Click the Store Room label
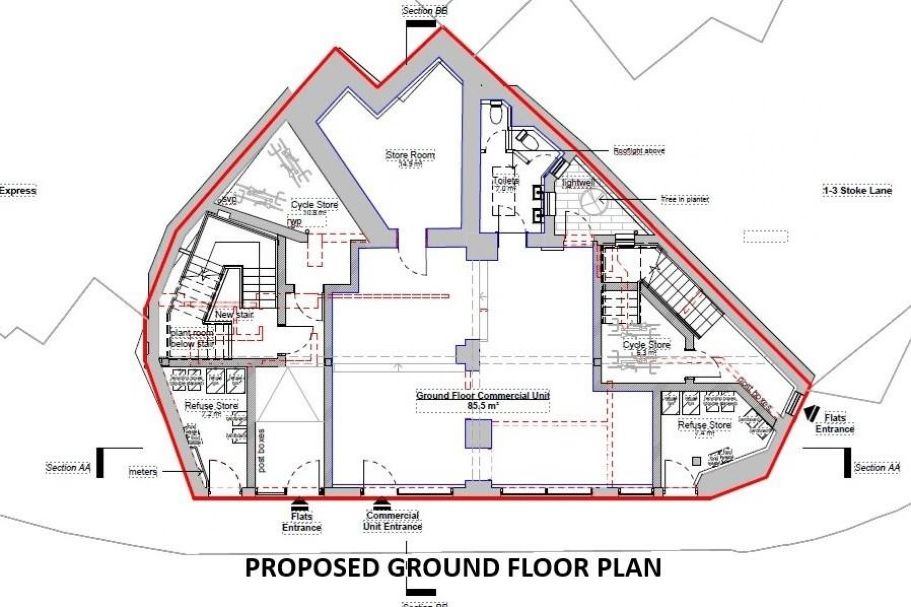(410, 155)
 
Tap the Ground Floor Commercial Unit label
(483, 396)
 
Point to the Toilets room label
(506, 181)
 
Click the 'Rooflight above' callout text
(639, 151)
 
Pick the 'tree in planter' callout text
(685, 200)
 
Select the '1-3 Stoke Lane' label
(857, 191)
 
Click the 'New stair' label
(234, 315)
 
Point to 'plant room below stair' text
(192, 338)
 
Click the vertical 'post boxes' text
(261, 451)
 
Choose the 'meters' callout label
(143, 472)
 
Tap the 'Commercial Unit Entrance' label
(393, 521)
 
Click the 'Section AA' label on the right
(877, 468)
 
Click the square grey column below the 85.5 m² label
(478, 435)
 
